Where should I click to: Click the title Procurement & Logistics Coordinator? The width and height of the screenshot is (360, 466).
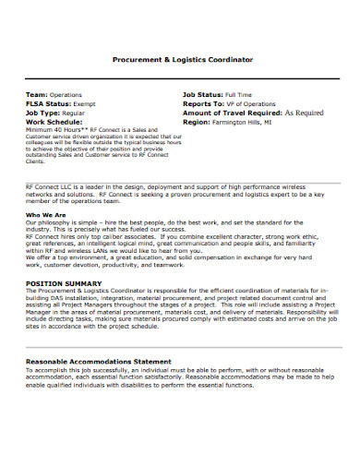coord(182,58)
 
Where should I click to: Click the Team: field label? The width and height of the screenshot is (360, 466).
coord(36,94)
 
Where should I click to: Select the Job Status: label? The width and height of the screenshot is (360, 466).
coord(208,94)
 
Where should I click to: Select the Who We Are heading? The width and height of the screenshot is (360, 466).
coord(44,214)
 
